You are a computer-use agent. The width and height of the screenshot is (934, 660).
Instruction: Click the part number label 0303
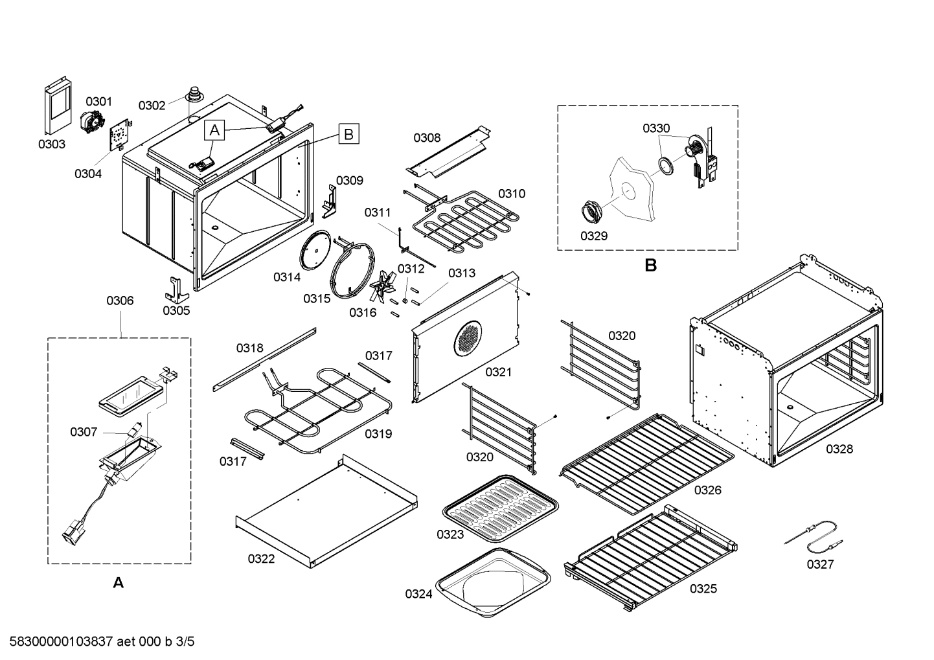pos(51,144)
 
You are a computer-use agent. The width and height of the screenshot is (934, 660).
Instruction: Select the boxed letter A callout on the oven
pos(215,130)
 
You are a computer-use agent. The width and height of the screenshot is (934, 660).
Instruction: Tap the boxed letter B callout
pos(348,134)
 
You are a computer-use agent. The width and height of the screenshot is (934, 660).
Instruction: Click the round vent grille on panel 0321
pos(468,338)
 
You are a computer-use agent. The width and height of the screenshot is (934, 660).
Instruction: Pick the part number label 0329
pos(593,236)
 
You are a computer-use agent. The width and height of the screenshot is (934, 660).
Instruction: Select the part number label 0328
pos(839,449)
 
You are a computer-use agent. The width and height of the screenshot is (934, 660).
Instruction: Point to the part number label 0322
pos(261,558)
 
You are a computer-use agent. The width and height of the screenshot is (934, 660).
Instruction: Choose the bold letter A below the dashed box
pos(118,584)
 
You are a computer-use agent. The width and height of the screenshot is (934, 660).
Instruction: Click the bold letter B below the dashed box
pos(650,266)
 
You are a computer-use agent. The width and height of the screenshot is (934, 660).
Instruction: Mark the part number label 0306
pos(120,301)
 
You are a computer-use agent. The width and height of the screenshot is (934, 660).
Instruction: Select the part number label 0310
pos(512,194)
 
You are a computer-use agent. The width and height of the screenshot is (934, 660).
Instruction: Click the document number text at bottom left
pos(98,642)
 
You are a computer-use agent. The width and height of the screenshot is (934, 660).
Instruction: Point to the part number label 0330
pos(656,128)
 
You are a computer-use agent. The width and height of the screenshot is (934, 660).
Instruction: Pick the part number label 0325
pos(703,588)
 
